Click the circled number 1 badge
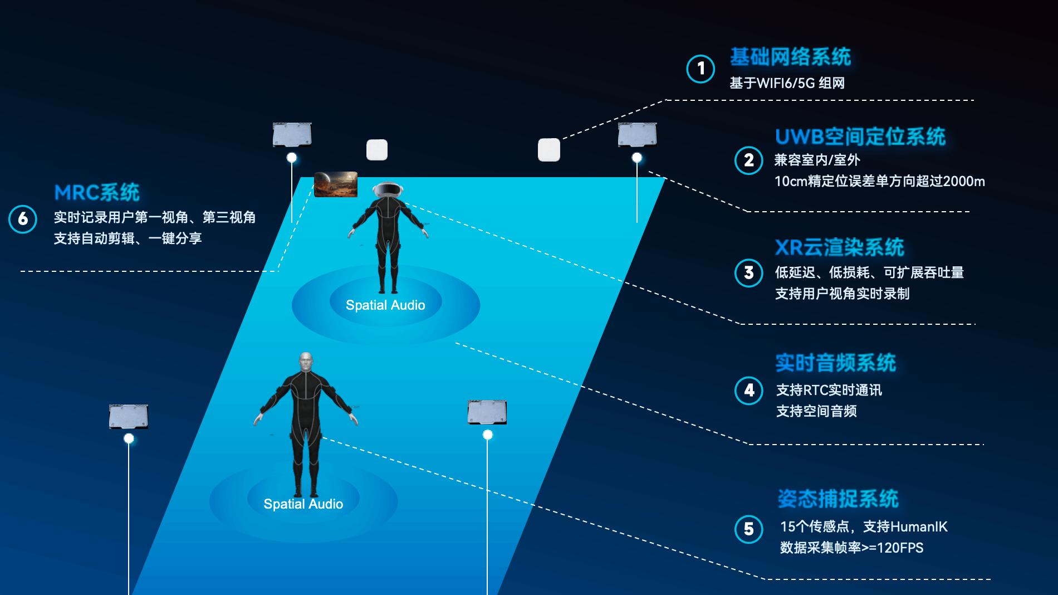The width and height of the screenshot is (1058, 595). [701, 69]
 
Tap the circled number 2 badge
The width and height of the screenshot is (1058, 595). [749, 160]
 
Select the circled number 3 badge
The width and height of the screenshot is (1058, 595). [749, 273]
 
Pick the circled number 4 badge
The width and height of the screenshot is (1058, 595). [749, 391]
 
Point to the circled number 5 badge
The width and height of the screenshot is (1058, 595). [749, 529]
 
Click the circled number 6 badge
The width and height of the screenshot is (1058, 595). [23, 219]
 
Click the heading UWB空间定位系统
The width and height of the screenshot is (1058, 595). [860, 136]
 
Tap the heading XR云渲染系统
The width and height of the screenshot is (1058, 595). [839, 247]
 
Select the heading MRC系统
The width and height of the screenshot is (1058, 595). [97, 193]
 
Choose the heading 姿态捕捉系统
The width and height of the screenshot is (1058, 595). [838, 499]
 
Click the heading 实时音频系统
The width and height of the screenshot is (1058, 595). [835, 363]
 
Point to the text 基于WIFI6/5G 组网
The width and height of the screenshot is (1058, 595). [787, 83]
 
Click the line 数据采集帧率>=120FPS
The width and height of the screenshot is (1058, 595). [851, 548]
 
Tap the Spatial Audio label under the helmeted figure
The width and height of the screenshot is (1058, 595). [385, 305]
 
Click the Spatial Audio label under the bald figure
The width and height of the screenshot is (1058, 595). [303, 504]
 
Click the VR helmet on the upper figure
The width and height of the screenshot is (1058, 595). [388, 190]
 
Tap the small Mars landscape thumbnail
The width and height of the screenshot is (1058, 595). [336, 184]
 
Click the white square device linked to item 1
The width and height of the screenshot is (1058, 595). [548, 150]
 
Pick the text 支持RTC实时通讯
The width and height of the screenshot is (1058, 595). [829, 390]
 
